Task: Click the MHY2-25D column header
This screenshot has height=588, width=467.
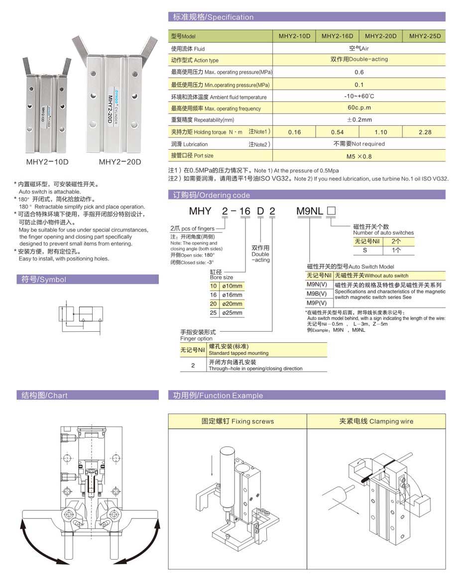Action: pyautogui.click(x=424, y=36)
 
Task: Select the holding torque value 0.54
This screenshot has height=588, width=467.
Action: pyautogui.click(x=337, y=132)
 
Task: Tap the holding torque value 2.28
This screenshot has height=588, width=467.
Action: pyautogui.click(x=425, y=132)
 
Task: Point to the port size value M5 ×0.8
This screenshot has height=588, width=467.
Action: pyautogui.click(x=358, y=156)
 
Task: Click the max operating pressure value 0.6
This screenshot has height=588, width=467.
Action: pyautogui.click(x=358, y=72)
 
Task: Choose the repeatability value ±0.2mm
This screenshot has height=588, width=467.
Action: pyautogui.click(x=359, y=120)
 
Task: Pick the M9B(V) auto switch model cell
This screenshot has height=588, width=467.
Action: pyautogui.click(x=317, y=294)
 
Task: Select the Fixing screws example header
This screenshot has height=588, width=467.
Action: pyautogui.click(x=237, y=421)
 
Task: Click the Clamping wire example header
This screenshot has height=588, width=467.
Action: pyautogui.click(x=376, y=421)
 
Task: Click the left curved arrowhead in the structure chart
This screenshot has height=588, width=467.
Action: pyautogui.click(x=23, y=523)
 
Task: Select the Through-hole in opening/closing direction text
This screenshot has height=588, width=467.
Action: pyautogui.click(x=255, y=369)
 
